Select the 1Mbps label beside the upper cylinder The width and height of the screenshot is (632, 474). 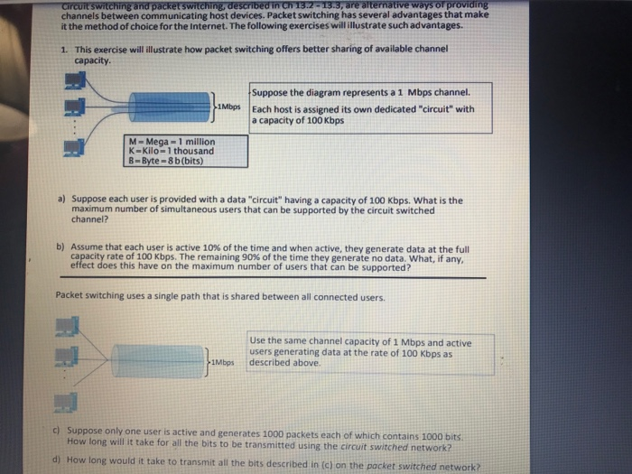point(233,107)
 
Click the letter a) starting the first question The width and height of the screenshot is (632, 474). point(60,200)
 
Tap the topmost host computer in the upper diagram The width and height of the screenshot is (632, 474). point(75,81)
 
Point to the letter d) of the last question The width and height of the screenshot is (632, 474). point(59,459)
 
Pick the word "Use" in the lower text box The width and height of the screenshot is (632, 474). point(259,341)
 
